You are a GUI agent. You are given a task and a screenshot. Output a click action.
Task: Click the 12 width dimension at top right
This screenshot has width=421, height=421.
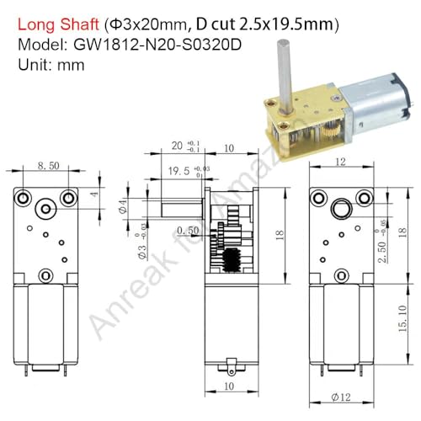[340, 163]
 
